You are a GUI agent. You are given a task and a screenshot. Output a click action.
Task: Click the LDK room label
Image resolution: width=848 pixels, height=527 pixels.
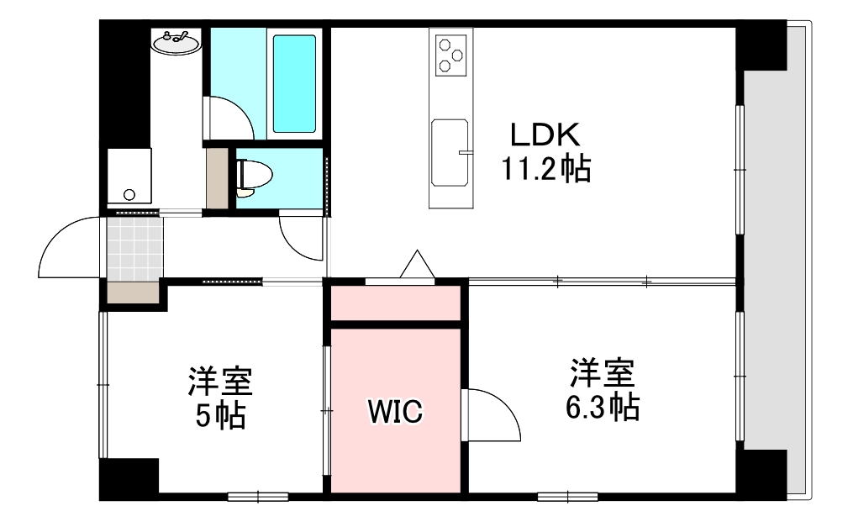pos(544,135)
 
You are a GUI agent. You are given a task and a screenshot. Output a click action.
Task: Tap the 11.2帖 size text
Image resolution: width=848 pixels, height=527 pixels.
pos(546,171)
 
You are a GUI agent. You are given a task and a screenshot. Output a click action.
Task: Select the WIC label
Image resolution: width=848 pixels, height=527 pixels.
pos(395,411)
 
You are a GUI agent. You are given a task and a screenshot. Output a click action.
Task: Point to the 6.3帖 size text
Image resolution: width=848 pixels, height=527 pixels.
pos(602,407)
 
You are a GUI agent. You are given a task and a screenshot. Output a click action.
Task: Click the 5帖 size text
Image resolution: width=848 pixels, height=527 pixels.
pos(220,414)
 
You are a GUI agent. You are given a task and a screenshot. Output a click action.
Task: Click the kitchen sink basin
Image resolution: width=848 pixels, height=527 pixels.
pos(450,151)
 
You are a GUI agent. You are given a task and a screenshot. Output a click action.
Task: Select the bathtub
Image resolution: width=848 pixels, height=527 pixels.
pos(294,82)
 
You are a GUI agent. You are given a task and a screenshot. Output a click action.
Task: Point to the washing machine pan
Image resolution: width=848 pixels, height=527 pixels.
pos(129,178)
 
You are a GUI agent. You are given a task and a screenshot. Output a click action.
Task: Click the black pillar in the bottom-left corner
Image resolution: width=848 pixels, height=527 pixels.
pos(129,479)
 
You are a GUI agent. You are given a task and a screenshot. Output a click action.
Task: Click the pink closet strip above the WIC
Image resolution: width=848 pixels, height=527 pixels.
pos(396,303)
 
